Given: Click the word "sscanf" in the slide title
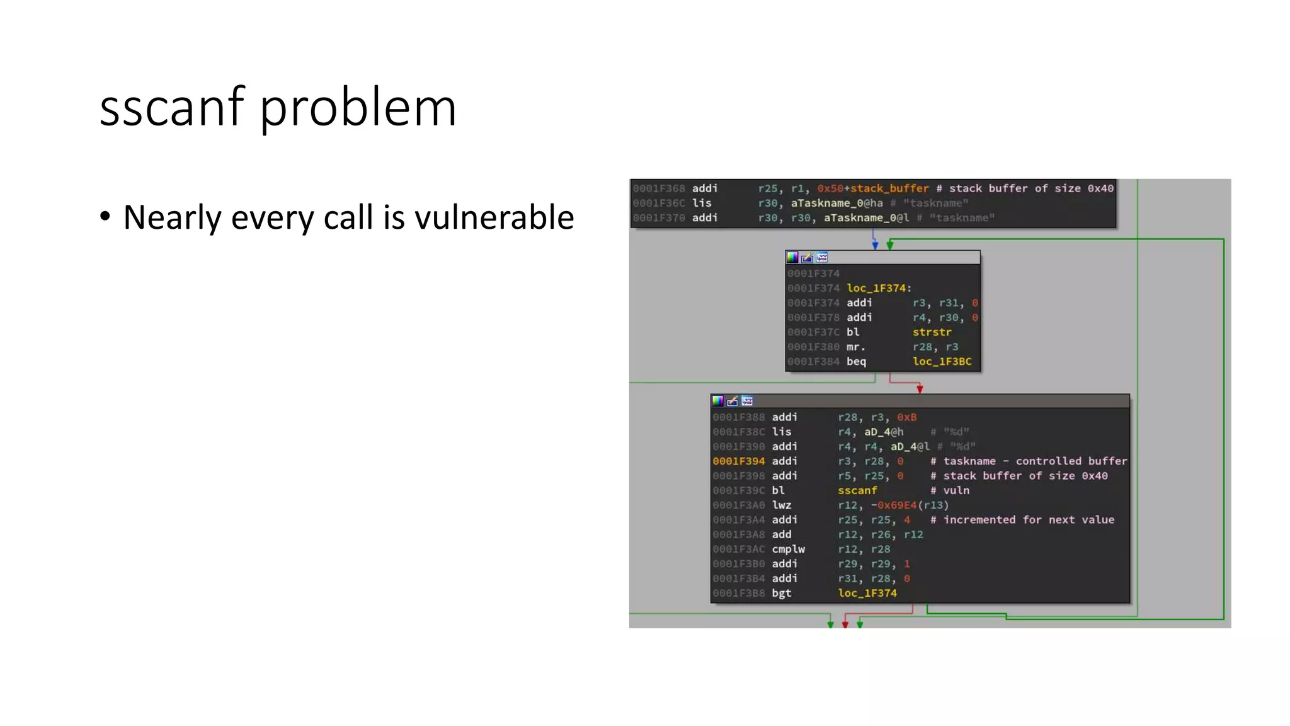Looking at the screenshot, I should (171, 107).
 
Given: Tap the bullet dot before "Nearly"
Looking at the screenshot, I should (105, 216).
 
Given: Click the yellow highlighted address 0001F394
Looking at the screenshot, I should (738, 461).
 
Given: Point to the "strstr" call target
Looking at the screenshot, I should (932, 332).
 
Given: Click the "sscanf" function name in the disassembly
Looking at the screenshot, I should (857, 490).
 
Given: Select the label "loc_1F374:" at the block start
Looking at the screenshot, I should (879, 288).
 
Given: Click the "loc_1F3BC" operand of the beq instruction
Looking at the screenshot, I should (942, 362).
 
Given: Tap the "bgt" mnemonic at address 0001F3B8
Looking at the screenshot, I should (781, 593).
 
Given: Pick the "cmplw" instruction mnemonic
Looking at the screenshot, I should (788, 549).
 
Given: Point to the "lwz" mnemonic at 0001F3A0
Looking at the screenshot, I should (781, 505).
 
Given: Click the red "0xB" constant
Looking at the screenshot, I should (906, 417).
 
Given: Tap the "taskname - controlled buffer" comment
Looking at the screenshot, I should (1035, 461).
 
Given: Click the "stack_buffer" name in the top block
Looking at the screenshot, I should (889, 188).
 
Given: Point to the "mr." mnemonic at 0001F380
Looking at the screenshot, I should (855, 347).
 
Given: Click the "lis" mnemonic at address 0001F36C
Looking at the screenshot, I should (702, 203).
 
